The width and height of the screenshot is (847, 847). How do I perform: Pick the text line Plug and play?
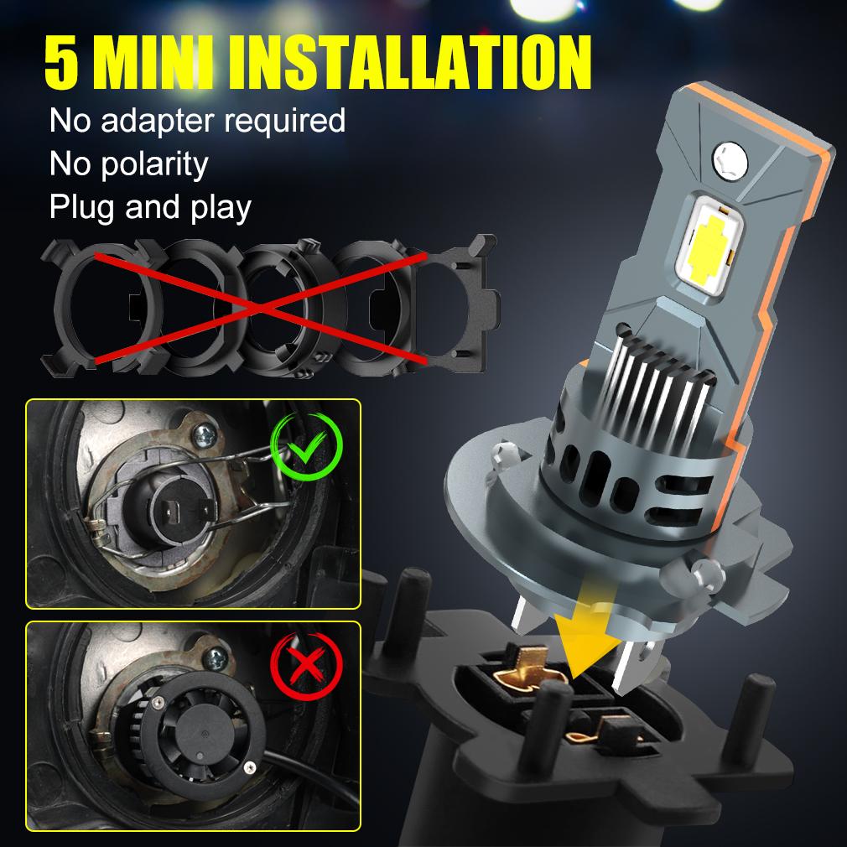(x=150, y=206)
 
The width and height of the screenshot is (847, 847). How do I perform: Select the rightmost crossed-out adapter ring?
(x=453, y=304)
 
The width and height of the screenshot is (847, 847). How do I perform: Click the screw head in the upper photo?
(x=203, y=433)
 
